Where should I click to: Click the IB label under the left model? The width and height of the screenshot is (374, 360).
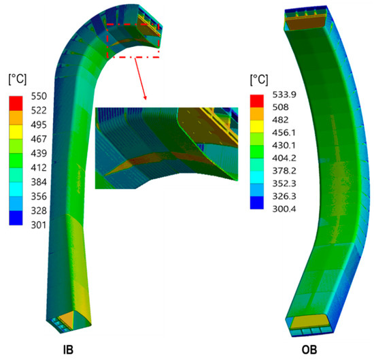click(x=68, y=350)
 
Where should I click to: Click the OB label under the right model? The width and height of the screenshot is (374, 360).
click(x=309, y=350)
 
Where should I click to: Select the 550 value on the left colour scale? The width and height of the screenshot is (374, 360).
click(x=39, y=96)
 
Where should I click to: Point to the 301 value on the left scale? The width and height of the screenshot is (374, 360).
click(x=38, y=225)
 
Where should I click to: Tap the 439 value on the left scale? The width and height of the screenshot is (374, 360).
click(x=39, y=153)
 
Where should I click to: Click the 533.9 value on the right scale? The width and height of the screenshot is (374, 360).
click(x=284, y=95)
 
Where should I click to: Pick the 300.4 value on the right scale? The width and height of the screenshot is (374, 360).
click(x=284, y=209)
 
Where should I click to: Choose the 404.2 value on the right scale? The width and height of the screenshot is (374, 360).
click(x=284, y=158)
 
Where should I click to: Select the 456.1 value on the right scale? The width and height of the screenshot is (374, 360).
click(x=284, y=133)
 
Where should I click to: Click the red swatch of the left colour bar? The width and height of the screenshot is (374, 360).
click(x=16, y=103)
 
